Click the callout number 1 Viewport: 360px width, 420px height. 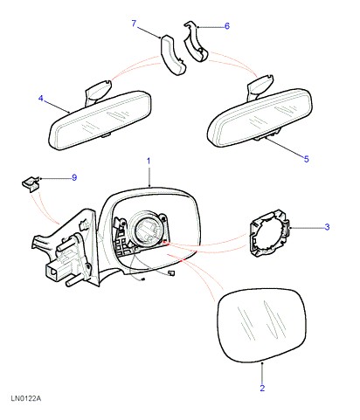[x=149, y=161]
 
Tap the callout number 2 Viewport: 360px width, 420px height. [x=262, y=388]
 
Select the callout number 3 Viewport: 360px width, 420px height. [x=327, y=227]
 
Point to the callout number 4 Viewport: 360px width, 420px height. [x=41, y=99]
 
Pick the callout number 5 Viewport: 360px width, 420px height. [x=306, y=159]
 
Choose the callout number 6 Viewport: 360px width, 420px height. [x=227, y=26]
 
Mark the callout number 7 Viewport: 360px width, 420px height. [x=134, y=24]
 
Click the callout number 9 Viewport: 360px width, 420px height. [x=74, y=177]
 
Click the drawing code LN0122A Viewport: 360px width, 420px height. [x=26, y=398]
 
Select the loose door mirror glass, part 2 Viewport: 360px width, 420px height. [x=261, y=326]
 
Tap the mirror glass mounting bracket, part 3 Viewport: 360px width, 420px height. [x=269, y=233]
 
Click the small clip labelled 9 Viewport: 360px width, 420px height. [x=31, y=184]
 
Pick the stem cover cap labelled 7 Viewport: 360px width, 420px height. [x=173, y=55]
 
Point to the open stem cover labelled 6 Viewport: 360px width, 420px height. [x=196, y=42]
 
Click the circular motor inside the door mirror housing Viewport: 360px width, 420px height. [x=149, y=229]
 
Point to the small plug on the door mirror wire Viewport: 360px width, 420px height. [x=171, y=273]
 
